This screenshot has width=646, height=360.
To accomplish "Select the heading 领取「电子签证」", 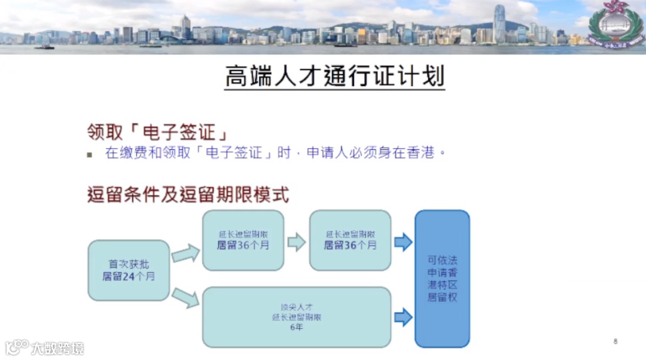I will [159, 132].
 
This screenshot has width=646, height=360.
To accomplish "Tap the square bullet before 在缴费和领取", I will [90, 155].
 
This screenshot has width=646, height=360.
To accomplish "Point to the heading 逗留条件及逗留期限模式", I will [188, 195].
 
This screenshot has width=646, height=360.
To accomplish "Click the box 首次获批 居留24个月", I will [129, 270].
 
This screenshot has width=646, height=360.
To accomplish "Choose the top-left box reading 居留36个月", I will [243, 240].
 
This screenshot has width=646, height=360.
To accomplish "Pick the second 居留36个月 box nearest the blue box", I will [350, 240].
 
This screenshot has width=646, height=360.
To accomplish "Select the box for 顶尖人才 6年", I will [297, 317].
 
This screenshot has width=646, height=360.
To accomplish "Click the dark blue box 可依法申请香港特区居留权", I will [442, 278].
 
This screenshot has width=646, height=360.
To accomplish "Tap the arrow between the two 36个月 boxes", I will [297, 242].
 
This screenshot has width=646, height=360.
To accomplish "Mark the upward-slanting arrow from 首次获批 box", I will [185, 254].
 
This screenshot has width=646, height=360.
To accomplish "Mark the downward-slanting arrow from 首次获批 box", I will [185, 297].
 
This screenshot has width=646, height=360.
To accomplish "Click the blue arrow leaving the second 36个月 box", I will [403, 242].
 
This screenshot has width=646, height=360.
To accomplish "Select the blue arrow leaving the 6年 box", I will [403, 317].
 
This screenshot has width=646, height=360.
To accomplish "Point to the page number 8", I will [615, 341].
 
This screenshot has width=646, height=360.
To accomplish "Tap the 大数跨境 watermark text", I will [57, 347].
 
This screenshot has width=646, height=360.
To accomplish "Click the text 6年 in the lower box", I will [297, 328].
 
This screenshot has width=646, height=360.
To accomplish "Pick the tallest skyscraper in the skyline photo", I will [499, 24].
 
